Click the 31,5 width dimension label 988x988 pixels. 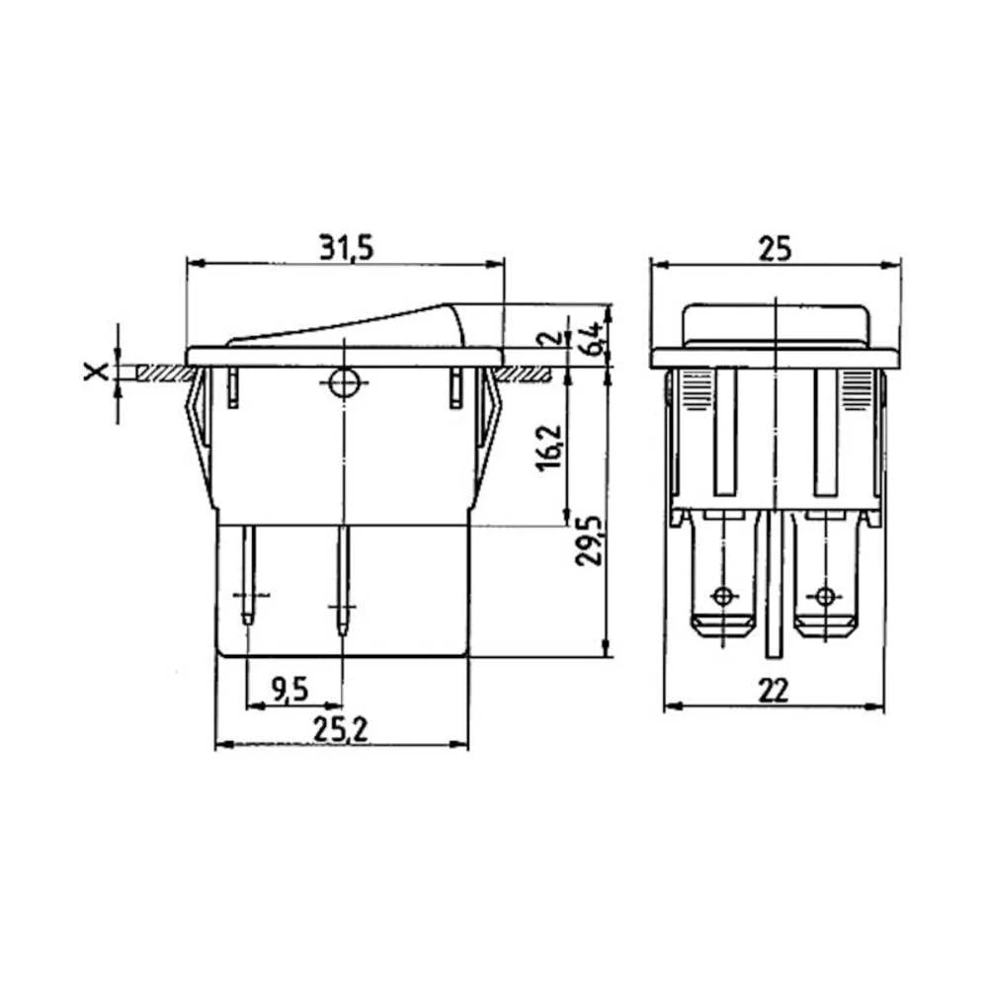(345, 248)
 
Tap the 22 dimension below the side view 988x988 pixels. (775, 691)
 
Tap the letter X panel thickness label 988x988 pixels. (95, 371)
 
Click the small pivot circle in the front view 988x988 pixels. (343, 383)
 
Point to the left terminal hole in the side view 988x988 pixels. (724, 596)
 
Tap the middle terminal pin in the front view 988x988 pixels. (343, 583)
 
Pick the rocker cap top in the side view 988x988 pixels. (777, 321)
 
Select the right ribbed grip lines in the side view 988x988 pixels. (858, 390)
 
